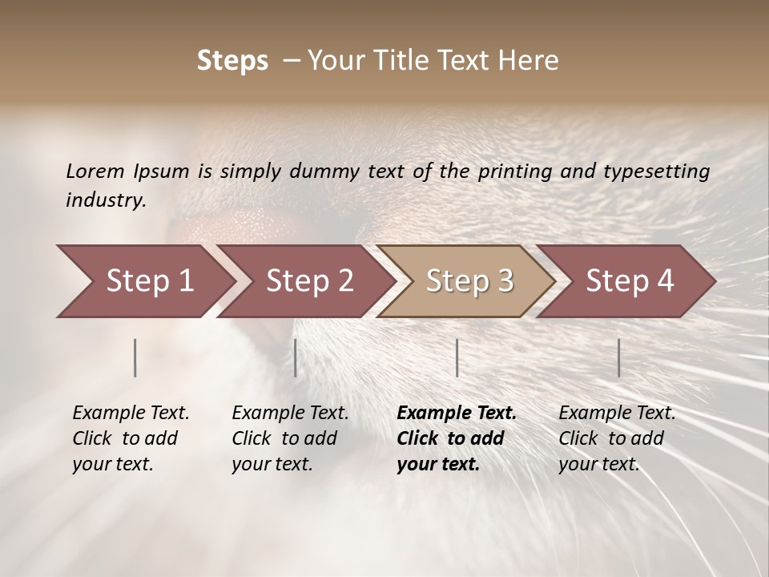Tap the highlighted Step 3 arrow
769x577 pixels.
point(469,281)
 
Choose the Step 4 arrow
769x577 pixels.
point(630,281)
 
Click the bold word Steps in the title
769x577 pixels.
point(232,61)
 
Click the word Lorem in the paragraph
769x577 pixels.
point(95,171)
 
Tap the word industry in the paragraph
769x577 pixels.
point(105,200)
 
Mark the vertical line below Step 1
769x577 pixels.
point(135,357)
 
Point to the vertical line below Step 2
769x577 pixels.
point(296,357)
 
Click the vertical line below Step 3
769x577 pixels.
point(457,357)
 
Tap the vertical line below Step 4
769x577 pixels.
point(618,357)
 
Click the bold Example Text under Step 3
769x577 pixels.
point(457,413)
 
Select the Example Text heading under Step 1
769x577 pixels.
point(131,413)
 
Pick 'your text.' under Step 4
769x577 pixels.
point(598,464)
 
